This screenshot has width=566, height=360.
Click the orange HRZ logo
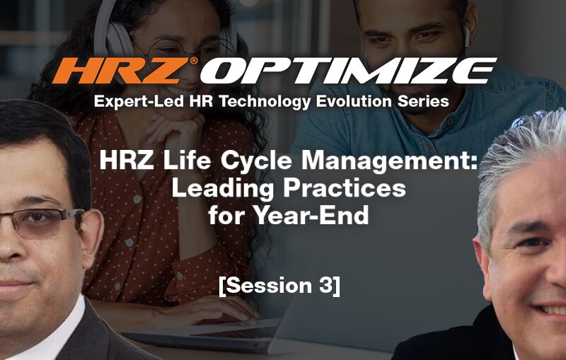[x=121, y=71]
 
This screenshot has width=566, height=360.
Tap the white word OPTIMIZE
[x=348, y=71]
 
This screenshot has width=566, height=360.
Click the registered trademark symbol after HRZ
[x=194, y=60]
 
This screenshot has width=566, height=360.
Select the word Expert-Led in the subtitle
[x=140, y=102]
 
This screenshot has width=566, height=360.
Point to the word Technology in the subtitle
[x=265, y=102]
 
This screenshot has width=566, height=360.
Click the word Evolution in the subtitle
[x=354, y=101]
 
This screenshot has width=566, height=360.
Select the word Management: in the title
[x=390, y=161]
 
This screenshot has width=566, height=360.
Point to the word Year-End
[x=311, y=215]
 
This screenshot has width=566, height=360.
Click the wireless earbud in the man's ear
[x=468, y=37]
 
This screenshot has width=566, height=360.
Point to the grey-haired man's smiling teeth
[x=553, y=310]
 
